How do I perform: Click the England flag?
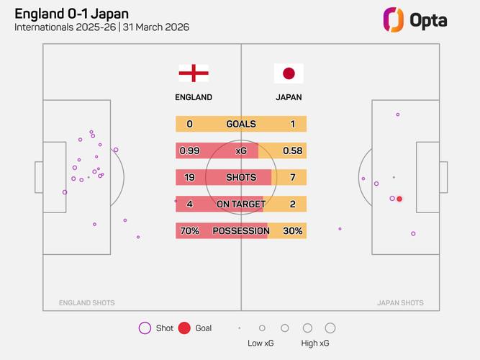tap(194, 73)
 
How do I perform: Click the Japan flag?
tap(289, 73)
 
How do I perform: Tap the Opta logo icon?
tap(393, 19)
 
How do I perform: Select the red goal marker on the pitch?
tap(399, 199)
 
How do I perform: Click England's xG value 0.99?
tap(189, 150)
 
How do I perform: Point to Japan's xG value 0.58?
tap(292, 150)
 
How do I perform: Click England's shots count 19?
tap(189, 177)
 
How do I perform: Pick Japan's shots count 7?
tap(292, 177)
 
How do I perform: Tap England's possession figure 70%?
tap(189, 231)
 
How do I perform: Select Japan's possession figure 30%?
tap(292, 231)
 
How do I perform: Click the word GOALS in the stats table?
tap(241, 124)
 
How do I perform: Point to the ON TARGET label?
tap(241, 204)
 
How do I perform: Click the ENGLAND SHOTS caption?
tap(87, 303)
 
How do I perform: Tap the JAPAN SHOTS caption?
tap(400, 303)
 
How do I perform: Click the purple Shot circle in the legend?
tap(145, 328)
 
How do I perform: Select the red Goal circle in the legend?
tap(184, 328)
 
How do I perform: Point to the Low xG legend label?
tap(261, 343)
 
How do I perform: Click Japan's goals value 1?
tap(292, 124)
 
